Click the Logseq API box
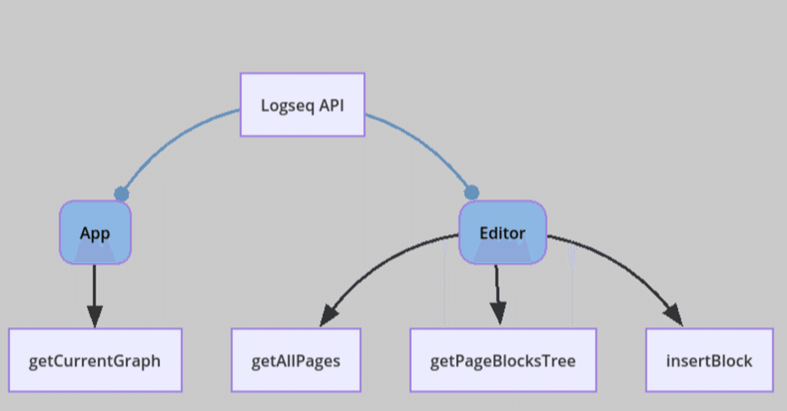tap(302, 105)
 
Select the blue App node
tap(95, 233)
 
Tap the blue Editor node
tap(502, 233)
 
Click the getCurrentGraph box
tap(95, 361)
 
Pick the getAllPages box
tap(296, 361)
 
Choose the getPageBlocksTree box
tap(503, 361)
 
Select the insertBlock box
tap(709, 361)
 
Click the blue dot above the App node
tap(121, 193)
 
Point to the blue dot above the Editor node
tap(472, 193)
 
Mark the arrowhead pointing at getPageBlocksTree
tap(498, 313)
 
